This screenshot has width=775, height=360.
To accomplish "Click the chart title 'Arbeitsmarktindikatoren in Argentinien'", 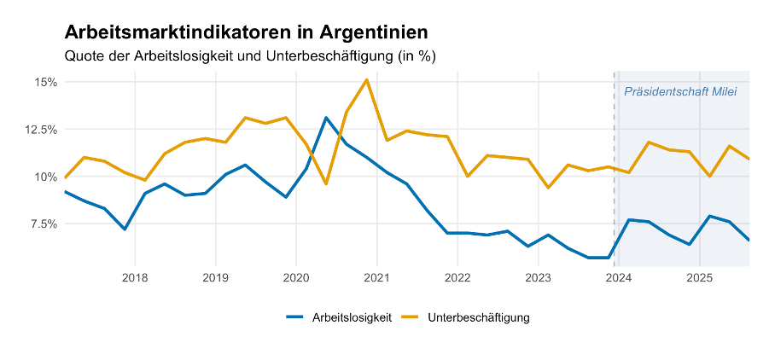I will tap(247, 32).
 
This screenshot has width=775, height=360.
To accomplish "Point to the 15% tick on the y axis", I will tap(46, 82).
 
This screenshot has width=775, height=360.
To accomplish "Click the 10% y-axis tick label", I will tap(46, 177).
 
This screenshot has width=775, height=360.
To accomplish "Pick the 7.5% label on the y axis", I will tap(43, 224).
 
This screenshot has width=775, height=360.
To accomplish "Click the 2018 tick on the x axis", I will tap(135, 277).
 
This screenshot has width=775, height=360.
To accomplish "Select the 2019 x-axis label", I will tap(215, 277).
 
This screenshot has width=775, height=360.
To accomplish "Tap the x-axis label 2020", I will tap(296, 277).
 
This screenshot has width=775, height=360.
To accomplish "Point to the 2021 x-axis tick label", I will tap(376, 277).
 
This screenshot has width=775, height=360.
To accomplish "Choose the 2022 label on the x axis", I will tap(457, 277).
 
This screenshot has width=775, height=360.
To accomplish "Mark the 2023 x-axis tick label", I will tap(538, 277).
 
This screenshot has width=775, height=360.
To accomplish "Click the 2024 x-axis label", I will tap(619, 277).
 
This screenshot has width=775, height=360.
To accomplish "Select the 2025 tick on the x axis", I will tap(699, 277).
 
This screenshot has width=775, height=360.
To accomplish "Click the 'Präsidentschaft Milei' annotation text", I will tap(680, 92).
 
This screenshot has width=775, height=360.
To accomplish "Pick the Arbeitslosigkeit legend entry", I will tap(340, 317).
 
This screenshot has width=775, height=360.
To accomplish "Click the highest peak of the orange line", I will tap(366, 80).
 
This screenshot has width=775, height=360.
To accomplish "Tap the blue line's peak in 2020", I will tap(326, 118).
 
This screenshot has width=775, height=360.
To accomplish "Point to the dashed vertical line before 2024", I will tap(614, 171).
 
